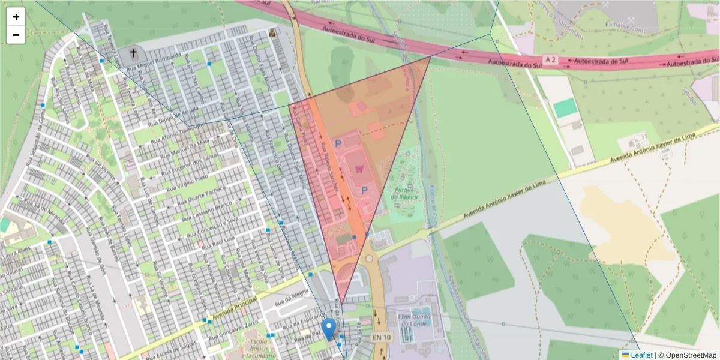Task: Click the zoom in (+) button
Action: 16,17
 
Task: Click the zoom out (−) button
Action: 16,35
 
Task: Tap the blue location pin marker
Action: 329,329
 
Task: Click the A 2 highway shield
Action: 551,59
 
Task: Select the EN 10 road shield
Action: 381,338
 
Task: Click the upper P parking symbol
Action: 338,143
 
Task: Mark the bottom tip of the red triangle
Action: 341,304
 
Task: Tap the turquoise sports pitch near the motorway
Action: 565,108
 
